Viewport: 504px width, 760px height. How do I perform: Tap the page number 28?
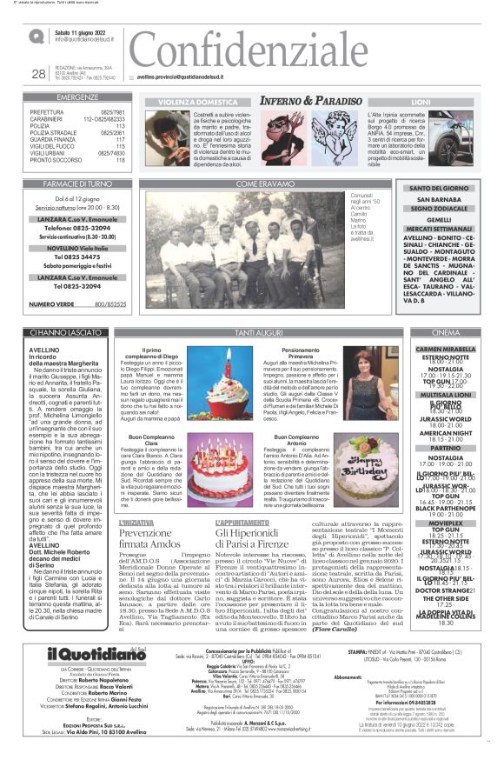[x=38, y=74]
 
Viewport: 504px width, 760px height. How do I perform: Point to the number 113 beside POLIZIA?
[x=120, y=124]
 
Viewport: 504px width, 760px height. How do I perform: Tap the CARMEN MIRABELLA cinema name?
[x=458, y=349]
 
